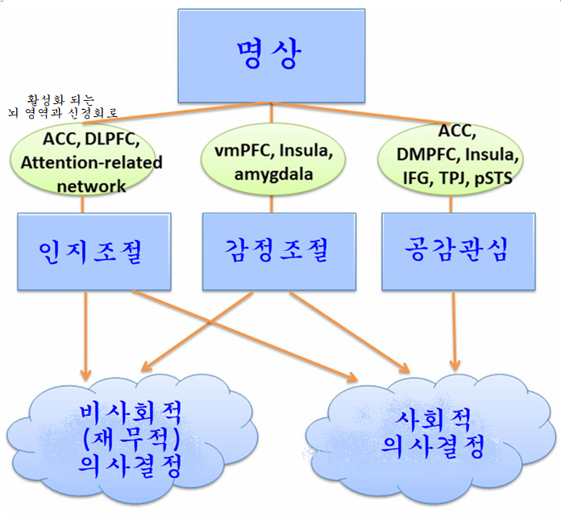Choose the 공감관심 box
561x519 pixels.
457,251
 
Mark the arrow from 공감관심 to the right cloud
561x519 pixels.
457,331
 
